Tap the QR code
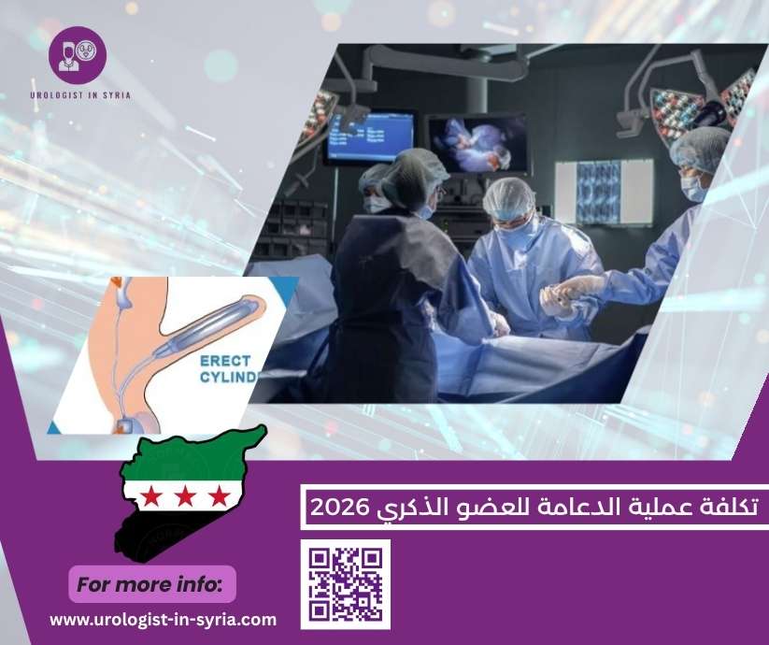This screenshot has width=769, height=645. (x=346, y=584)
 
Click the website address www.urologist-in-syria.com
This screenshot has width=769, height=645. (x=163, y=619)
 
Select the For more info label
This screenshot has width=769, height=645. (x=150, y=585)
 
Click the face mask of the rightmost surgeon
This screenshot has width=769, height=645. (x=692, y=188)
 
